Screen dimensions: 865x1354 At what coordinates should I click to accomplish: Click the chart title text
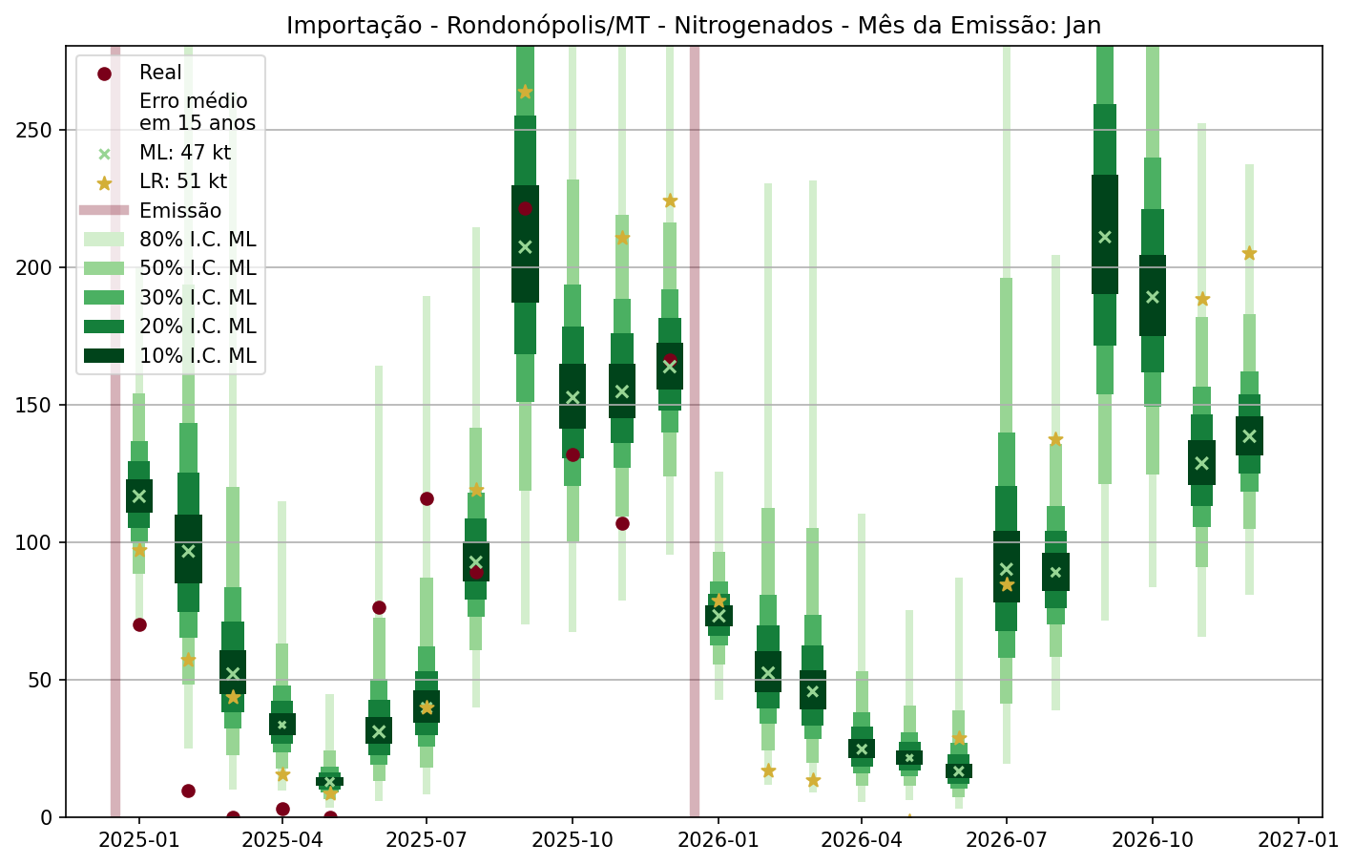coord(694,26)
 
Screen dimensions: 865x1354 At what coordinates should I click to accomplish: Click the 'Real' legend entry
coord(160,73)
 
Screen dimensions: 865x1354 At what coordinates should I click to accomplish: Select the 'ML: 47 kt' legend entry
coord(184,153)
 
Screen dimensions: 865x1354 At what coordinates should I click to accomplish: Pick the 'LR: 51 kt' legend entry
coord(182,181)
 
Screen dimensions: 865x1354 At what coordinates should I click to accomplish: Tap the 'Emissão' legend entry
coord(179,211)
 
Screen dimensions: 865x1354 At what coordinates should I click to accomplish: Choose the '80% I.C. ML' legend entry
coord(197,240)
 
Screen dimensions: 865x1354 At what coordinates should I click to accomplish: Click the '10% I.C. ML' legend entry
coord(197,356)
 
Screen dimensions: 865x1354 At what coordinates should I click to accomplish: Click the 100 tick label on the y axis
coord(37,542)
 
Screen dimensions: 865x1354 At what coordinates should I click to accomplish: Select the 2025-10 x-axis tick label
coord(572,840)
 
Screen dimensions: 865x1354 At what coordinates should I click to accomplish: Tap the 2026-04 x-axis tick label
coord(862,840)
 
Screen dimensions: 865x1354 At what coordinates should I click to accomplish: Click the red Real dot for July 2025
coord(427,498)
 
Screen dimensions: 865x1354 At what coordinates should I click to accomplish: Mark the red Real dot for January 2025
coord(139,624)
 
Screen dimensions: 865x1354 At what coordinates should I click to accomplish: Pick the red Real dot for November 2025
coord(622,523)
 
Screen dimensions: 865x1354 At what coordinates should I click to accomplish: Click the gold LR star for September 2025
coord(525,92)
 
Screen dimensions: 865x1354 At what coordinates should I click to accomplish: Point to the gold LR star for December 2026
coord(1249,253)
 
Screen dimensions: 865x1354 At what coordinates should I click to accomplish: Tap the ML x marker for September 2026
coord(1105,237)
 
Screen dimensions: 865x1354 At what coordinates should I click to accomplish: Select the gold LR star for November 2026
coord(1202,299)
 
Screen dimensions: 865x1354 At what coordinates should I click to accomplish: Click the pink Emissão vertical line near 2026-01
coord(695,430)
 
